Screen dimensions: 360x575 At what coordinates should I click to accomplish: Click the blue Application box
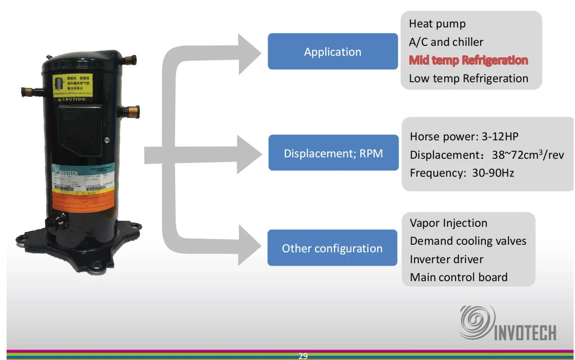(x=333, y=52)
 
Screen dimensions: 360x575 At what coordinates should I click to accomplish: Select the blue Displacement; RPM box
(x=333, y=153)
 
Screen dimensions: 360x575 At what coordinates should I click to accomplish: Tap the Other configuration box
(x=332, y=248)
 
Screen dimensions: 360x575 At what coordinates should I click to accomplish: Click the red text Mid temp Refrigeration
(x=468, y=60)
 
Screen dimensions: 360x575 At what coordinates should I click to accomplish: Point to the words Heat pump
(x=437, y=24)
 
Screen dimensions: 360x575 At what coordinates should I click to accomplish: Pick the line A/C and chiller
(x=446, y=42)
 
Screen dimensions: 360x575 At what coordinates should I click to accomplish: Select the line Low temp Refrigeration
(x=468, y=78)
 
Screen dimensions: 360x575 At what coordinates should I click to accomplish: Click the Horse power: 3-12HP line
(x=464, y=137)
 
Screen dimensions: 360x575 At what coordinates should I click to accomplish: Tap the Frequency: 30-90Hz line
(x=462, y=173)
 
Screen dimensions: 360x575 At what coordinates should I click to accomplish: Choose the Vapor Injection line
(x=448, y=223)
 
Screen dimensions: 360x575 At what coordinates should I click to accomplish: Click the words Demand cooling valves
(x=468, y=241)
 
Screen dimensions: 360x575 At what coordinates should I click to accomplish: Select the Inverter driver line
(x=447, y=259)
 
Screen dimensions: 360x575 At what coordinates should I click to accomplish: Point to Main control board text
(x=458, y=277)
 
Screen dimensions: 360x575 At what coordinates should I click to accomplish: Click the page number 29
(x=303, y=356)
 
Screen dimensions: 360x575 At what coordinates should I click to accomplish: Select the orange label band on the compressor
(x=82, y=201)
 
